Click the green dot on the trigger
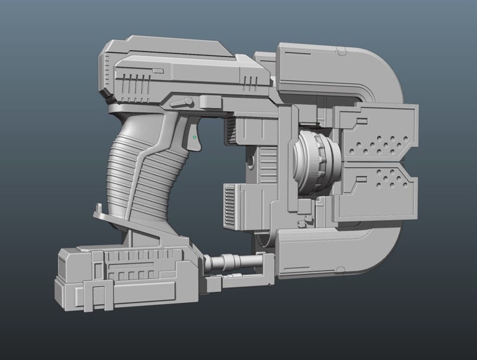coord(194,138)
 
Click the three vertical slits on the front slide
coord(251,79)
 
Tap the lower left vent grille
coord(230,205)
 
